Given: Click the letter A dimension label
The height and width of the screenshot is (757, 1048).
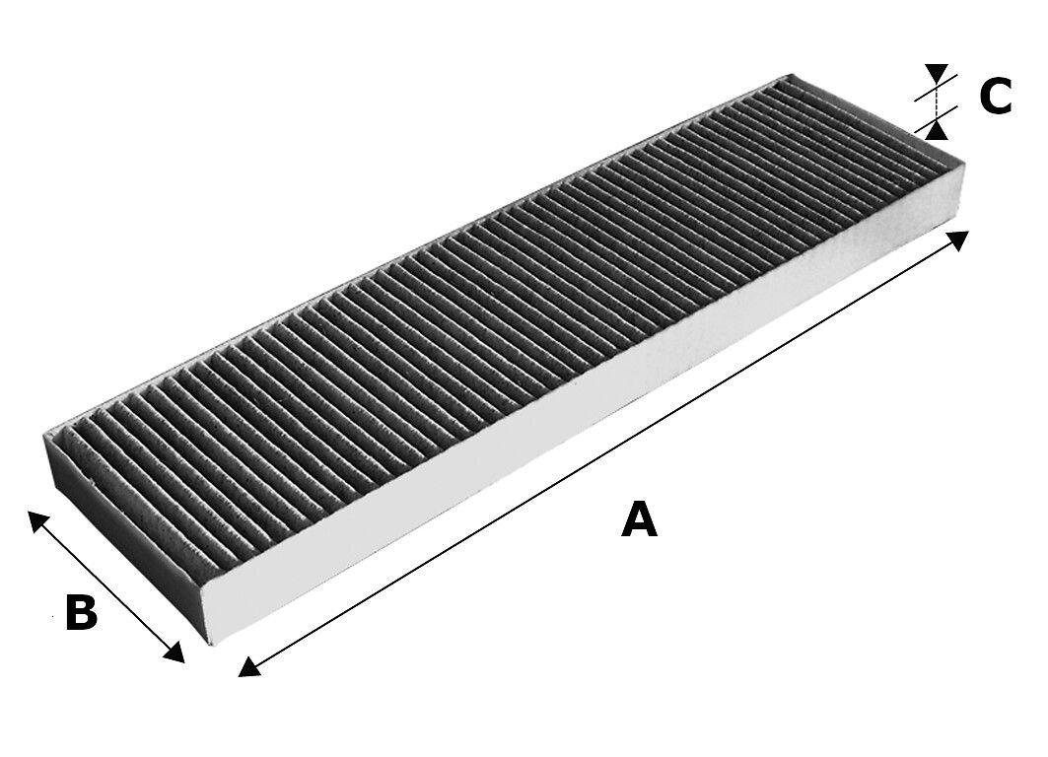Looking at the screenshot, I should point(639,519).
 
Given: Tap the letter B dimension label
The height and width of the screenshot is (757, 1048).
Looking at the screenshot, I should point(81,613).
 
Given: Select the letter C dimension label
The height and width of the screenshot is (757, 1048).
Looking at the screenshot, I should point(996,97).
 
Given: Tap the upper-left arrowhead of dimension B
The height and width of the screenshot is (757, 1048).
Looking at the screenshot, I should point(36,519).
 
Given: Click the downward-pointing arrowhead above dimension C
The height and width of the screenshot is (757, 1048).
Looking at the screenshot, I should point(937,74).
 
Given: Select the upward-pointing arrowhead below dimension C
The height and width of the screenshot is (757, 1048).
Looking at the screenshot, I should point(937,127).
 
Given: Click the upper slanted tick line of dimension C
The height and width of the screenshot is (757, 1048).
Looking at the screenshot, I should point(930,91).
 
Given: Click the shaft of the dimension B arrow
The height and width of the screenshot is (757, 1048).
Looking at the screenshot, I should point(105,585).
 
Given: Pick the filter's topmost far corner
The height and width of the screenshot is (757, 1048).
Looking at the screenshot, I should point(792,74).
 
